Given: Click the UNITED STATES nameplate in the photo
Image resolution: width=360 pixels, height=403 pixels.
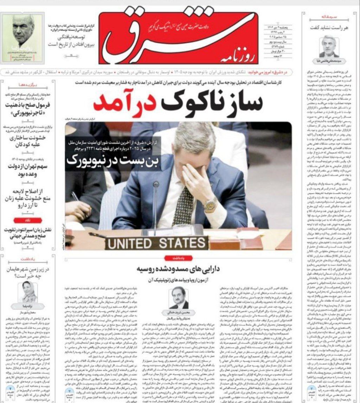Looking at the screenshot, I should (x=156, y=243).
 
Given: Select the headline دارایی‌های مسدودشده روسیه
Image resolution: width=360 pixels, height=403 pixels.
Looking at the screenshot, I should (x=179, y=270).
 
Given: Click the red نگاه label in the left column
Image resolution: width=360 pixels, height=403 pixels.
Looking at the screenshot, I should (x=27, y=220).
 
